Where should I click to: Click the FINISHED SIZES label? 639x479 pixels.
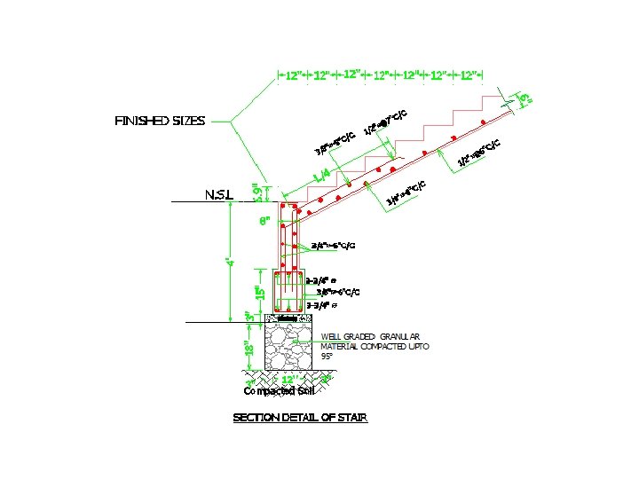(x=160, y=120)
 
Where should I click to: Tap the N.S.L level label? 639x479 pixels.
(x=218, y=193)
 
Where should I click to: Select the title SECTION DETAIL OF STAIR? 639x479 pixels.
(x=300, y=417)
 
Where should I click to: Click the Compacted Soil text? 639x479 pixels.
(x=278, y=391)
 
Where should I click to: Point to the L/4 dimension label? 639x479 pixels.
(x=322, y=175)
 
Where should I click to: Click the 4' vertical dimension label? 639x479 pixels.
(x=230, y=262)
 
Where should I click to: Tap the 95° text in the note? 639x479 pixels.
(x=327, y=356)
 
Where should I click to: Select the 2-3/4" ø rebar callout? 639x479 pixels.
(x=320, y=280)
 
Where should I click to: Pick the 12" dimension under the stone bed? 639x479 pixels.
(x=288, y=380)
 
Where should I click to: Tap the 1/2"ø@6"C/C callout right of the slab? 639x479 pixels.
(x=479, y=153)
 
